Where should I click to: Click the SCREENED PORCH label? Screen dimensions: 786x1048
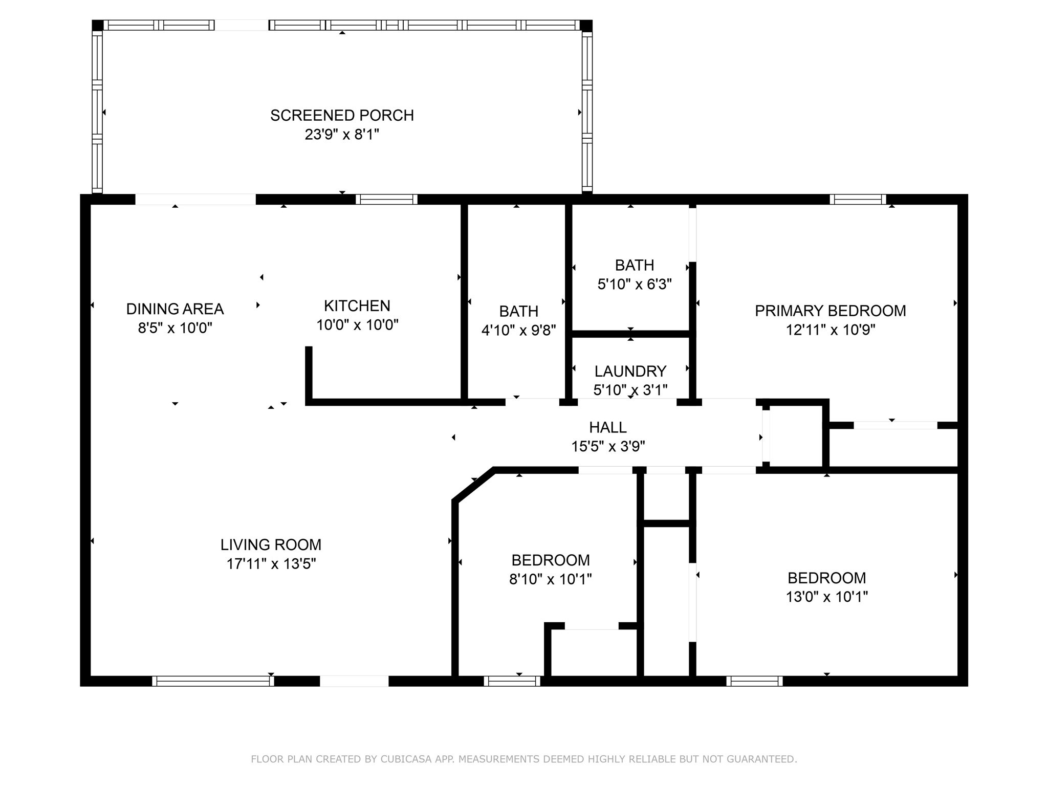(342, 116)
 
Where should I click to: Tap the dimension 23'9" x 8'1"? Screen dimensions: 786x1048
(342, 135)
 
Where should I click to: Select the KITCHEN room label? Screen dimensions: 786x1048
(357, 306)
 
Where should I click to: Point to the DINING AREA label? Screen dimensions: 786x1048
(175, 309)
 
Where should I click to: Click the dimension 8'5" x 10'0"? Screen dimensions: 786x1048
(175, 328)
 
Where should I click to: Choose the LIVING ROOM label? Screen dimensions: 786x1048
(271, 544)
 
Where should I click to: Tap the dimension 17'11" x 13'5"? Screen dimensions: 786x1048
(271, 564)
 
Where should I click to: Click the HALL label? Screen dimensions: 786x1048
(607, 427)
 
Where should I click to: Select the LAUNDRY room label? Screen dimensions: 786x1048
(630, 371)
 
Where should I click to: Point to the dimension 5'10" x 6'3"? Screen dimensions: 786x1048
(634, 285)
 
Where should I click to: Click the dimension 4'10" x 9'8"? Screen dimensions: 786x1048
(518, 331)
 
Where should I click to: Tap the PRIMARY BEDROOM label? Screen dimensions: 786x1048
(830, 311)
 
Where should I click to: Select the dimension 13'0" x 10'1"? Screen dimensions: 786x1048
(826, 597)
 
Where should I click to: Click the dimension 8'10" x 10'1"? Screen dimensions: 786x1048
(550, 579)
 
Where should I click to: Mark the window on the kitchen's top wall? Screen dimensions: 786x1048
(386, 200)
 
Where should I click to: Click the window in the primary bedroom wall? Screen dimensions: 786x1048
(858, 200)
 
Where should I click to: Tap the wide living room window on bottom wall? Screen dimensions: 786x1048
(213, 681)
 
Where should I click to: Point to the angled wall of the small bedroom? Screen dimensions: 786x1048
(473, 485)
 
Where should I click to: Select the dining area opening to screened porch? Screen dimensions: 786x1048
(195, 200)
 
